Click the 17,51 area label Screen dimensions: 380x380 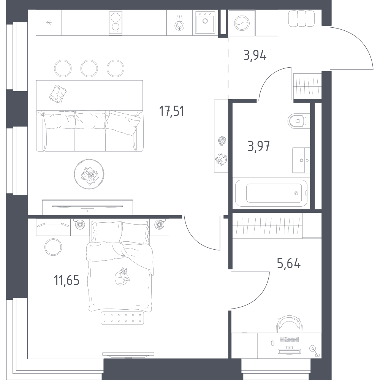pos(171,112)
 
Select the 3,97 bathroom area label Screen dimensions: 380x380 pos(259,146)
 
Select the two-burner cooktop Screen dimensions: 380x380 pos(116,23)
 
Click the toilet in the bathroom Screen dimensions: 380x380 pos(297,121)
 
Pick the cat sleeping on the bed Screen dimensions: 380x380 pos(122,276)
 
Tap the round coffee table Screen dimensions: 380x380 pos(89,174)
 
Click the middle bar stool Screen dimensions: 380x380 pos(89,68)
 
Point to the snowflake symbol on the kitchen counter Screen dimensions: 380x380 pos(49,23)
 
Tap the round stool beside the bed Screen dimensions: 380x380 pos(53,248)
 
